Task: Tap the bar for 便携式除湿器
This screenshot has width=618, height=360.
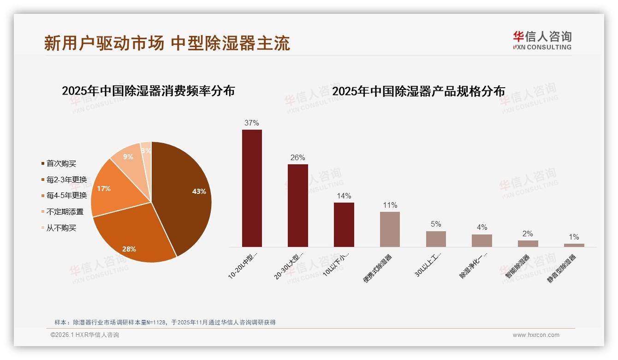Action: click(390, 229)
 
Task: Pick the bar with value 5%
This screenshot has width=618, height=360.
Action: click(436, 239)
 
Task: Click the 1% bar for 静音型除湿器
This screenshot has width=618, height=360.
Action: click(574, 245)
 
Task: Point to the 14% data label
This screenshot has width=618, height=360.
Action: click(344, 196)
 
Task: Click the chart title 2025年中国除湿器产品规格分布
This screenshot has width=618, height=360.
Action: click(418, 91)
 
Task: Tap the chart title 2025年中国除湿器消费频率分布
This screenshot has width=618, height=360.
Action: click(148, 91)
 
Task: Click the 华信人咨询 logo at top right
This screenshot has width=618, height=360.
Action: click(542, 40)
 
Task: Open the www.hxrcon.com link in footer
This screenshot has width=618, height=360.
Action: click(535, 335)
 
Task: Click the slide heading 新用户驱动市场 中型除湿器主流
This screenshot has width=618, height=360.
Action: click(167, 43)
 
